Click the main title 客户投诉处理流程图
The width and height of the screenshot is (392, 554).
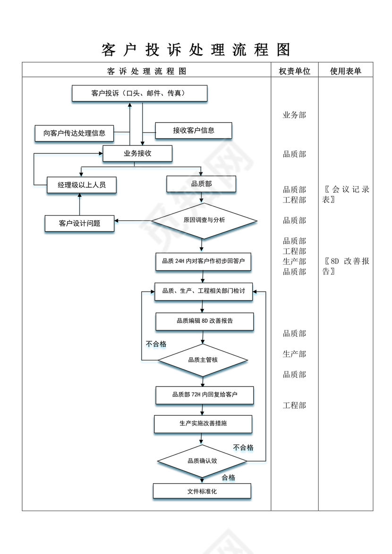coord(196,50)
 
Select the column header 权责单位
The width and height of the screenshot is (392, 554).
coord(294,71)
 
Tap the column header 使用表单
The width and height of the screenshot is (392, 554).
coord(346,71)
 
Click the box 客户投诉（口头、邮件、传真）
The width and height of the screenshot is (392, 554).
coord(139,93)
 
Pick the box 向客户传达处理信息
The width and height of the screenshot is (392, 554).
coord(75,134)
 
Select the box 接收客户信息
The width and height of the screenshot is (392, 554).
coord(194,131)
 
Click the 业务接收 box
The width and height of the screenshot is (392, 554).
coord(137,153)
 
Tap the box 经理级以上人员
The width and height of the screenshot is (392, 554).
coord(82,185)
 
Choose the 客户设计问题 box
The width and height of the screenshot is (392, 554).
coord(79,223)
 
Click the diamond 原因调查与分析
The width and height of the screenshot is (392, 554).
coord(204,220)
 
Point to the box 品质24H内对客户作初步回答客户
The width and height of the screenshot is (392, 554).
coord(203,261)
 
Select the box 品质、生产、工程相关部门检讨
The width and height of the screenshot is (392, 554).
coord(204,292)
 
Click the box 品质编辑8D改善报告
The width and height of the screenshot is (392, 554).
coord(205,321)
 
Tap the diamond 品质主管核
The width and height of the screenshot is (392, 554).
coord(203,360)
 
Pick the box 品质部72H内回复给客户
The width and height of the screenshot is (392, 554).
coord(205,395)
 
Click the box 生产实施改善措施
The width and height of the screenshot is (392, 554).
coord(203,424)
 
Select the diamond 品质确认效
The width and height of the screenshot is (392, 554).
coord(202,461)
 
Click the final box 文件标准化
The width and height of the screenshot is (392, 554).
coord(202,491)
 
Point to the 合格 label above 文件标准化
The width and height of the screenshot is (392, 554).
coord(228,478)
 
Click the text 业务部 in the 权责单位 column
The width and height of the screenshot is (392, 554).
coord(294,115)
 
